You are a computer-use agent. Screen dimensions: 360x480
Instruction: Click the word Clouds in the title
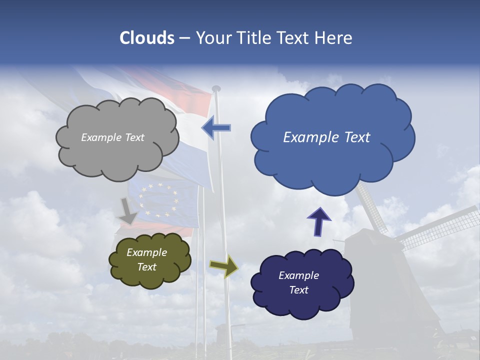coord(147,38)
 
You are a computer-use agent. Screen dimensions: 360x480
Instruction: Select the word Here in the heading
coord(333,38)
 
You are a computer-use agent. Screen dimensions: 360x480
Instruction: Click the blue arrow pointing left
coord(216,128)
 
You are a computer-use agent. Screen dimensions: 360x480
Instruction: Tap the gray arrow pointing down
coord(128,210)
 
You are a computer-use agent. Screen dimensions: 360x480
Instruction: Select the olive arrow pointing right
coord(223,265)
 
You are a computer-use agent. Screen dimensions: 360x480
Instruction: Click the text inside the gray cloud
coord(112,137)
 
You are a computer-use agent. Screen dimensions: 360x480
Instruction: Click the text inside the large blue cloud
coord(326,137)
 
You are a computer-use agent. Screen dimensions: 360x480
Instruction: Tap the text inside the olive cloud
coord(146,259)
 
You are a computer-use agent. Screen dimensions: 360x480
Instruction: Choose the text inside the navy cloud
coord(298,282)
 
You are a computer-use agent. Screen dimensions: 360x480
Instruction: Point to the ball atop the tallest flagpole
coord(216,88)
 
